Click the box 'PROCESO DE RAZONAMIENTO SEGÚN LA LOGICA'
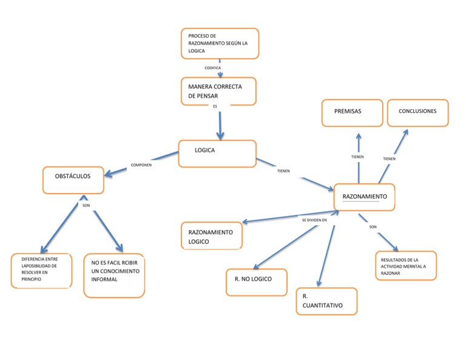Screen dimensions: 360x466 point(219,44)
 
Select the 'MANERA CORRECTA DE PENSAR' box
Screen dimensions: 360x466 point(218,91)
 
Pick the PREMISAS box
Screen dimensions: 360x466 point(352,113)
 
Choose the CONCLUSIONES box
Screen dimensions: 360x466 point(418,113)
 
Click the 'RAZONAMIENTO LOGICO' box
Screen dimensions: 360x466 point(211,236)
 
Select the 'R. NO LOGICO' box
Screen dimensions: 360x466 point(256,282)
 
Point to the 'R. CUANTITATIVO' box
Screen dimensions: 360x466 point(326,301)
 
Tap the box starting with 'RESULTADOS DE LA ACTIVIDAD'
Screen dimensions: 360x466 point(405,266)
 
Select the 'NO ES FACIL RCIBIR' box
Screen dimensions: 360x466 point(114,275)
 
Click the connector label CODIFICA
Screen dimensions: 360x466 point(212,67)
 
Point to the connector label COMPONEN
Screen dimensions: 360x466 point(141,165)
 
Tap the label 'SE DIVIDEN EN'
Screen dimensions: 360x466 point(314,220)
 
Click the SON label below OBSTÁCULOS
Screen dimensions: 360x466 point(86,205)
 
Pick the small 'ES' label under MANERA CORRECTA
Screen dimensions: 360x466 point(215,106)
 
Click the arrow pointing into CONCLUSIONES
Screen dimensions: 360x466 point(395,152)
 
